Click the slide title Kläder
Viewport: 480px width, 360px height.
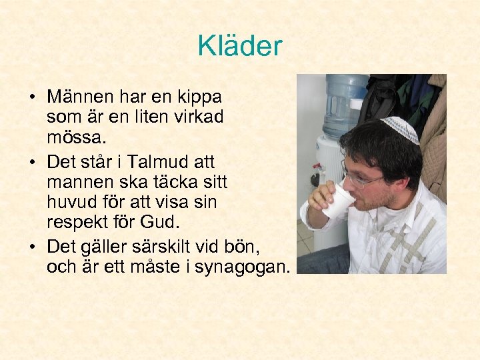tap(240, 46)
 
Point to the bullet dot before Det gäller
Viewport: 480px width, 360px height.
tap(32, 247)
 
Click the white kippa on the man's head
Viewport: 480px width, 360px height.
tap(401, 128)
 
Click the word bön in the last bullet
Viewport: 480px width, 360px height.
tap(243, 247)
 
